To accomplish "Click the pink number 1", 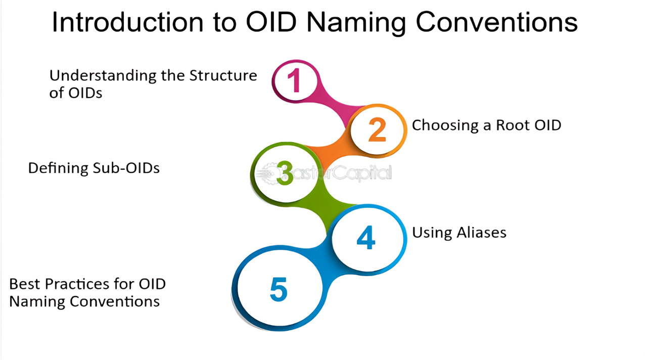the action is point(295,80).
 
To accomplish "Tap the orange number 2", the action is point(377,129).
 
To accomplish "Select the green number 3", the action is point(285,173).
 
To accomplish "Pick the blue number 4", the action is point(366,238).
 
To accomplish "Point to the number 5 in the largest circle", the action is point(279,289).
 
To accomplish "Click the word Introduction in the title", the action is point(127,22).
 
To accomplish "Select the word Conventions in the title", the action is point(497,22).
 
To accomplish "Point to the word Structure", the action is point(223,75).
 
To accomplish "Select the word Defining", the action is point(58,169).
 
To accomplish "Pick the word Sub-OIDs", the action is point(126,168).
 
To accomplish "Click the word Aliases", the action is point(481,233).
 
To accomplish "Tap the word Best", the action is point(25,284).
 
